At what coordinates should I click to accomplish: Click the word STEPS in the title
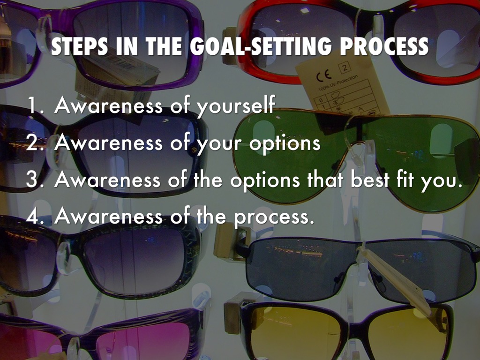click(x=79, y=46)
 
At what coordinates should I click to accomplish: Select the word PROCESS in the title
click(x=384, y=46)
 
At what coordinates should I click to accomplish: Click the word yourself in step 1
click(x=235, y=105)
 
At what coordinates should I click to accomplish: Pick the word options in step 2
click(x=285, y=144)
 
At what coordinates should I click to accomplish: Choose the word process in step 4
click(x=274, y=217)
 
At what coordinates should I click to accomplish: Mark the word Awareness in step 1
click(x=108, y=105)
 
